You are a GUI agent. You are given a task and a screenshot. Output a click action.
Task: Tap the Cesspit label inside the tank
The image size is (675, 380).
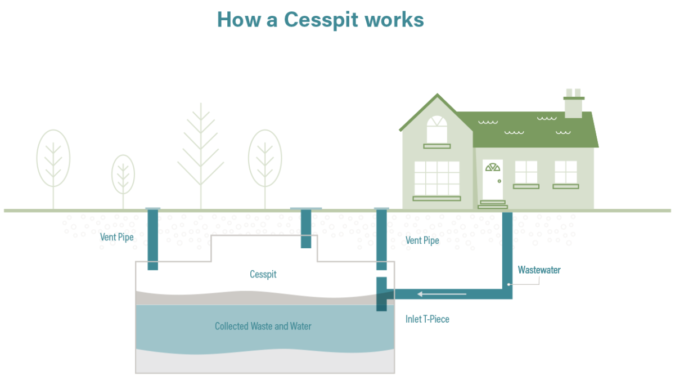(x=263, y=275)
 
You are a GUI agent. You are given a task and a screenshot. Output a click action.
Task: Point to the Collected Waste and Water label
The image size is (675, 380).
(x=263, y=327)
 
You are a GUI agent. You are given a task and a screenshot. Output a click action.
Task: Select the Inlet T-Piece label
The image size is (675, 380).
(x=427, y=319)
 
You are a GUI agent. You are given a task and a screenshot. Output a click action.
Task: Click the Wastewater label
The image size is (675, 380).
(x=539, y=270)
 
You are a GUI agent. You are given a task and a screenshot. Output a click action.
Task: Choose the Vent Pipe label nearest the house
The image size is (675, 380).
(x=422, y=240)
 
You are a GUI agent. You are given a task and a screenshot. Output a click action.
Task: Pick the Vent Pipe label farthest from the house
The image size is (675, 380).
(x=117, y=237)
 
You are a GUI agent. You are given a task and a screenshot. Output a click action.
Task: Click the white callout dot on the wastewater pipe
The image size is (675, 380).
(x=509, y=284)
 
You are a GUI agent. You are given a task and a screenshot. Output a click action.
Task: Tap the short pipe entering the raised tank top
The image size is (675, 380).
(x=306, y=228)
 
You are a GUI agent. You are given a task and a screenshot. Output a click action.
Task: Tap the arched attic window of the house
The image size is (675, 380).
(x=436, y=129)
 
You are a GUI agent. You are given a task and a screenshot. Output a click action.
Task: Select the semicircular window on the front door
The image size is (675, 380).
(x=493, y=167)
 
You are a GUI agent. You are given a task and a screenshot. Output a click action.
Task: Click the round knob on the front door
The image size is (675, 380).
(x=499, y=181)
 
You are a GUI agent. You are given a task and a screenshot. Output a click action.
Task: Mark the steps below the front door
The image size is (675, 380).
(x=493, y=204)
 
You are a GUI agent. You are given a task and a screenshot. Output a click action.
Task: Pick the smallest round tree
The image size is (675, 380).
(x=123, y=174)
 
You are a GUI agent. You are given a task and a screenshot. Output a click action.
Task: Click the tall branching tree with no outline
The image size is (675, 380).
(x=201, y=152)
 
